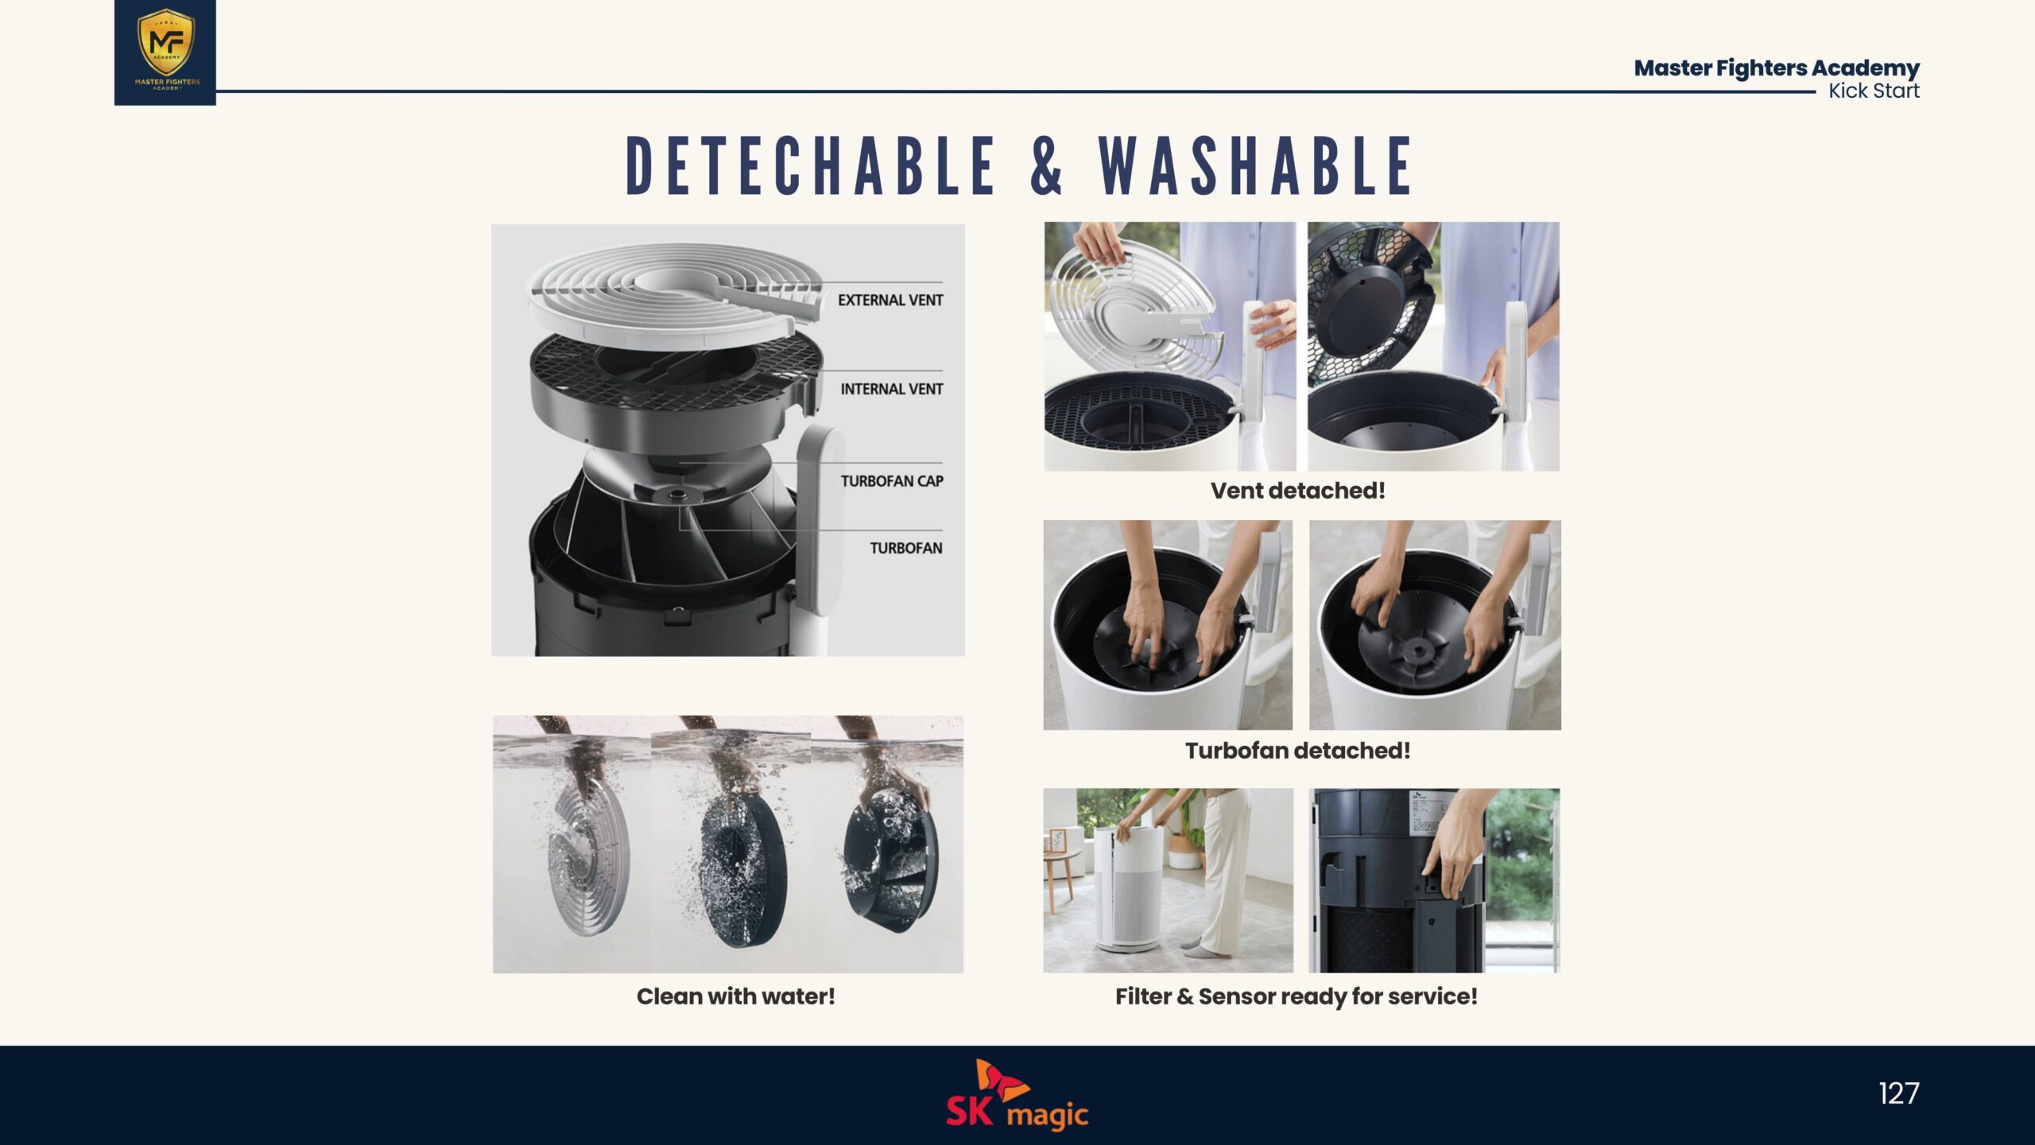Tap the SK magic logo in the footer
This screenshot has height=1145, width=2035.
[1017, 1095]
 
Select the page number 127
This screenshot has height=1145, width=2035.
[1898, 1093]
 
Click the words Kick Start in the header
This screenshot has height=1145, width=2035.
[1874, 91]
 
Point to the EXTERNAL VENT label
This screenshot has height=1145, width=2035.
[890, 300]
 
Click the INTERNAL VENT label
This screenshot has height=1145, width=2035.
[892, 389]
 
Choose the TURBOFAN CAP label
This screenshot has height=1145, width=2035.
[892, 481]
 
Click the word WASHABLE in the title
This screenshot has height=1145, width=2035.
[1255, 165]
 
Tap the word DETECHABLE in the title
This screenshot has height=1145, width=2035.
[811, 165]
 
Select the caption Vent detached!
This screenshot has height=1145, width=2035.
[1297, 491]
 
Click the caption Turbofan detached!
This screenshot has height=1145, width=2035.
[1297, 751]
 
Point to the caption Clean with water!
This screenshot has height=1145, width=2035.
[735, 996]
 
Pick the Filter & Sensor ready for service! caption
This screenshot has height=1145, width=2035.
[1297, 997]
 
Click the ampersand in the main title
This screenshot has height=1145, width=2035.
[1046, 165]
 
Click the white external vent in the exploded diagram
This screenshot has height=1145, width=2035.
[672, 294]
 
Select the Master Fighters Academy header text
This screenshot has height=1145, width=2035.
[1777, 68]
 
